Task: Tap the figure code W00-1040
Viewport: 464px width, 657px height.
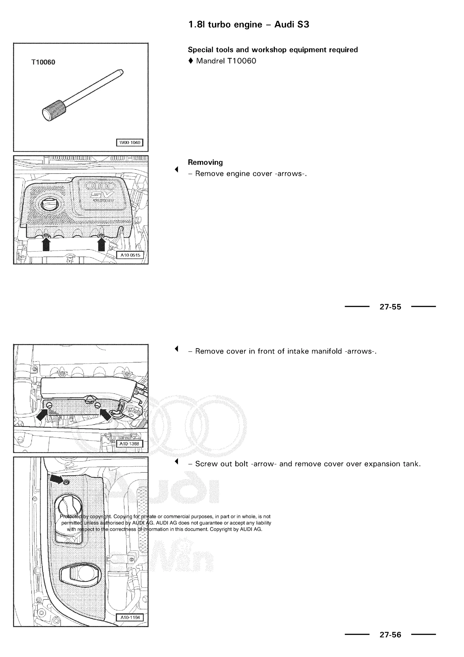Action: (x=130, y=142)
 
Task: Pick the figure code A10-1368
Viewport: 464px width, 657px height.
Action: (x=129, y=444)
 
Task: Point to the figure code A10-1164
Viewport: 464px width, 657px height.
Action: (x=130, y=617)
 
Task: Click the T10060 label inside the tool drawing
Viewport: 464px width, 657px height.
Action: (x=43, y=62)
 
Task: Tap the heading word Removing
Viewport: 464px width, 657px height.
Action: (x=205, y=162)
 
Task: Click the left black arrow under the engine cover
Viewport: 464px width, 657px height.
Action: (x=46, y=245)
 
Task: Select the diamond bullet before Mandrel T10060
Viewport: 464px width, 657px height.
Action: (x=191, y=61)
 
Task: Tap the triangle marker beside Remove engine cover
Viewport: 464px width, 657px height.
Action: (x=176, y=169)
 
